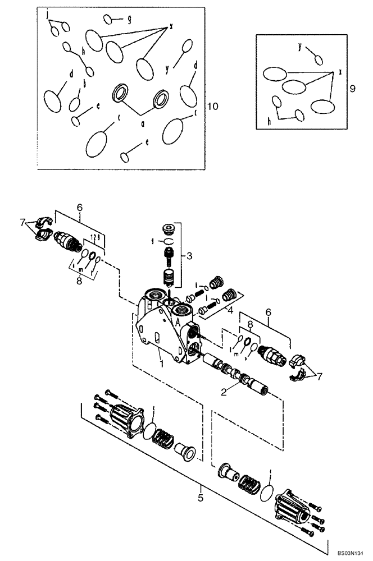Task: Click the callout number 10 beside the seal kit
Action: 212,106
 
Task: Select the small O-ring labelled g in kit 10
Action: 108,20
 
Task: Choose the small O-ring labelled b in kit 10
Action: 74,104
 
